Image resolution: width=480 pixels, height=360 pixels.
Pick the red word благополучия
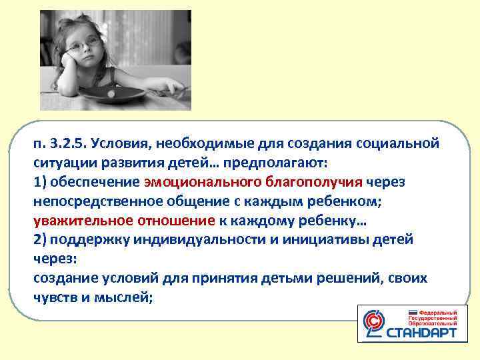click(313, 182)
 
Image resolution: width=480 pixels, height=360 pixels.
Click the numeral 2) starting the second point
click(40, 239)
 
